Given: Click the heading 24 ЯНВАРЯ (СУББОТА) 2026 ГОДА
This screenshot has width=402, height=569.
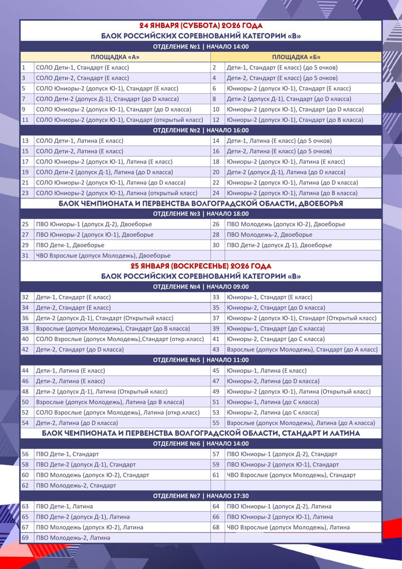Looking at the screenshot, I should click(201, 26).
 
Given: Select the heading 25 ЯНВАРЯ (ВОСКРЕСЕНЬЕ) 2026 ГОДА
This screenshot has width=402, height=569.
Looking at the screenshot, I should click(201, 266).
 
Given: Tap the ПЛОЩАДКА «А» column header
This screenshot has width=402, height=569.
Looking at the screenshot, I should click(115, 57).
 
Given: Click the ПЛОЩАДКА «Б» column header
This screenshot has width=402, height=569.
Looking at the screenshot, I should click(296, 57).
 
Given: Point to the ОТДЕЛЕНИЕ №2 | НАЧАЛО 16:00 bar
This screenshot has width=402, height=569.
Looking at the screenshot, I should click(201, 130).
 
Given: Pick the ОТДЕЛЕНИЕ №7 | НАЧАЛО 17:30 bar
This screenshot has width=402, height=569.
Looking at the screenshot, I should click(201, 496).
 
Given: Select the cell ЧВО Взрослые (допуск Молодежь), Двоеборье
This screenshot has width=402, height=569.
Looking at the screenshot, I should click(103, 256).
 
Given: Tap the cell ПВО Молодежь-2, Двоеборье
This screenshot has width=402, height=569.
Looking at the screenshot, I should click(269, 235).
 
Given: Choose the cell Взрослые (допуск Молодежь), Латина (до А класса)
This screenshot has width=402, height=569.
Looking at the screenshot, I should click(301, 423).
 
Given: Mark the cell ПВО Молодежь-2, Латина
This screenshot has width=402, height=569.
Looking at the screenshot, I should click(73, 538).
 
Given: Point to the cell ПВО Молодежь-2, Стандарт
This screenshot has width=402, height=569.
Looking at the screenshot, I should click(76, 486).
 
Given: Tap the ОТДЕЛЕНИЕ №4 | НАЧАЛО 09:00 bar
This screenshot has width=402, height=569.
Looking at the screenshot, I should click(201, 287).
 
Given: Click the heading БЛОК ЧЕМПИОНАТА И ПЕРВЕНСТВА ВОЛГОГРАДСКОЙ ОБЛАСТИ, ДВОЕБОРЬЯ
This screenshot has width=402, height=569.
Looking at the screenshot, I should click(201, 203).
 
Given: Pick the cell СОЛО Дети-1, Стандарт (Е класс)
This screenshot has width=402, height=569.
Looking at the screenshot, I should click(82, 68).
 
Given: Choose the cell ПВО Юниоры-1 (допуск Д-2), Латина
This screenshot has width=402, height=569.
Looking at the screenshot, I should click(279, 506).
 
